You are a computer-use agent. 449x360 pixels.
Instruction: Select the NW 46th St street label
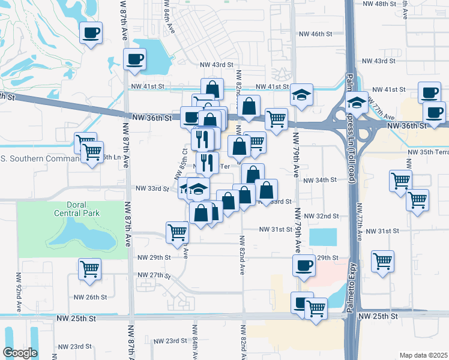[316, 34]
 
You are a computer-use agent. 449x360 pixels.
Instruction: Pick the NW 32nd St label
[321, 216]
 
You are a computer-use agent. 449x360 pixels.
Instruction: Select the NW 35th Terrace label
[427, 153]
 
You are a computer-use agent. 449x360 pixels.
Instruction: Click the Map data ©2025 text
[423, 355]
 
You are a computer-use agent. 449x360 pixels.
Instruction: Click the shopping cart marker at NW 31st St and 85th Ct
[177, 232]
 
